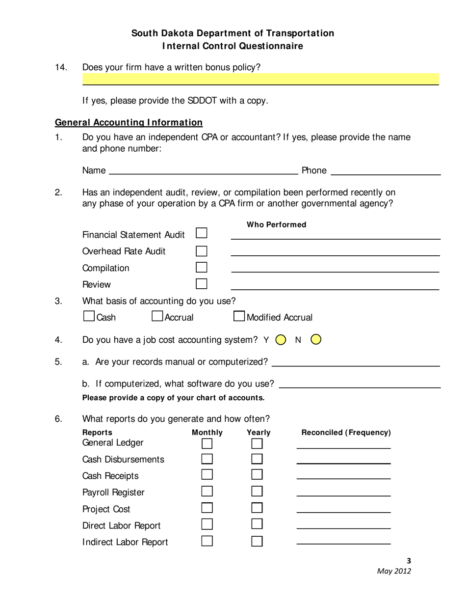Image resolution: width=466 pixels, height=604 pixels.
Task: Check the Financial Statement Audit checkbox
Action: [202, 233]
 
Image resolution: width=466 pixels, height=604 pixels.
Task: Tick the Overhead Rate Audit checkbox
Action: [202, 251]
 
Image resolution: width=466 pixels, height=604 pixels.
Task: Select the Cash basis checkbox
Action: [89, 316]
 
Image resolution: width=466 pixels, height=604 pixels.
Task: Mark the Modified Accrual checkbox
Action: [239, 316]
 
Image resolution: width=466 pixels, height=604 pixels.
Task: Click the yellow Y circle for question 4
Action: [281, 340]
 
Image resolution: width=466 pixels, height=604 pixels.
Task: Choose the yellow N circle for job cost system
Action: [316, 339]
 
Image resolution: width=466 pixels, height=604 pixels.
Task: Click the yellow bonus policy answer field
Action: [260, 79]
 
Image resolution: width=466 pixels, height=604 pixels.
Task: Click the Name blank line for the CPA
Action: [203, 171]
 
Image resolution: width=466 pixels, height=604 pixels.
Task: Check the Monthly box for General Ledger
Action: [207, 443]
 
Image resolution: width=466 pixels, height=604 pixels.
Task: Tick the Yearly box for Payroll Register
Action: [257, 492]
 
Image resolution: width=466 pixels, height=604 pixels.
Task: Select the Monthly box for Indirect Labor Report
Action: [207, 541]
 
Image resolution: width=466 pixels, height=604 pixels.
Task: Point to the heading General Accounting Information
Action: [129, 122]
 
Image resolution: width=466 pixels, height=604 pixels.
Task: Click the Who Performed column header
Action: [276, 224]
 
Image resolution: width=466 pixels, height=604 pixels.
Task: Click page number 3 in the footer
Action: [409, 561]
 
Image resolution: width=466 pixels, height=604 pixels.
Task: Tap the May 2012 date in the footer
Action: [394, 571]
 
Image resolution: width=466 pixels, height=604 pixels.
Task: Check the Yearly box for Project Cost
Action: [257, 508]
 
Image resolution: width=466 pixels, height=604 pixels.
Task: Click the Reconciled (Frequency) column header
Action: [346, 432]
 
